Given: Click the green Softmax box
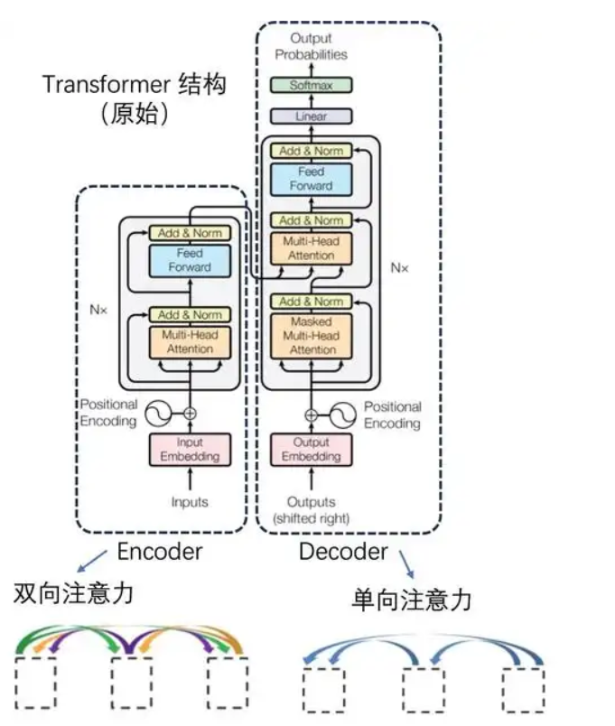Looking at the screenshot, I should click(x=311, y=85).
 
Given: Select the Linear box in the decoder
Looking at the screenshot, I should click(x=311, y=116).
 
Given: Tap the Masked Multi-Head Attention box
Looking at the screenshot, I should click(x=311, y=335).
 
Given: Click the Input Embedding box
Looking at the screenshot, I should click(x=190, y=449).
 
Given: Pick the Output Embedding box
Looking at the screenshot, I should click(x=311, y=449).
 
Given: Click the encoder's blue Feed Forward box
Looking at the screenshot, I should click(x=190, y=260).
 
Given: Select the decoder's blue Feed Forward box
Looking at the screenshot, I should click(x=311, y=179).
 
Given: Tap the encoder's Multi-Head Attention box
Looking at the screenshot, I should click(x=190, y=341).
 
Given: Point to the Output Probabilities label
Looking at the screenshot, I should click(x=311, y=46).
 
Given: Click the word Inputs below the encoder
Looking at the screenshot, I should click(x=190, y=502).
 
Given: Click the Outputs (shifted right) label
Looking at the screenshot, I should click(x=311, y=509).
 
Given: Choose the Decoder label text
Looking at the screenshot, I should click(x=343, y=552).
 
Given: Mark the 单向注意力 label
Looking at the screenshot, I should click(x=412, y=600).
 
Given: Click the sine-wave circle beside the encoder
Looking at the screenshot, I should click(x=159, y=414).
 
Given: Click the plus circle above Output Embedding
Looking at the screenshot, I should click(x=312, y=415).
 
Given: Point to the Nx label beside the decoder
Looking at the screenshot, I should click(x=399, y=267).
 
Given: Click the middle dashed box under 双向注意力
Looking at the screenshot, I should click(x=131, y=683).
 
